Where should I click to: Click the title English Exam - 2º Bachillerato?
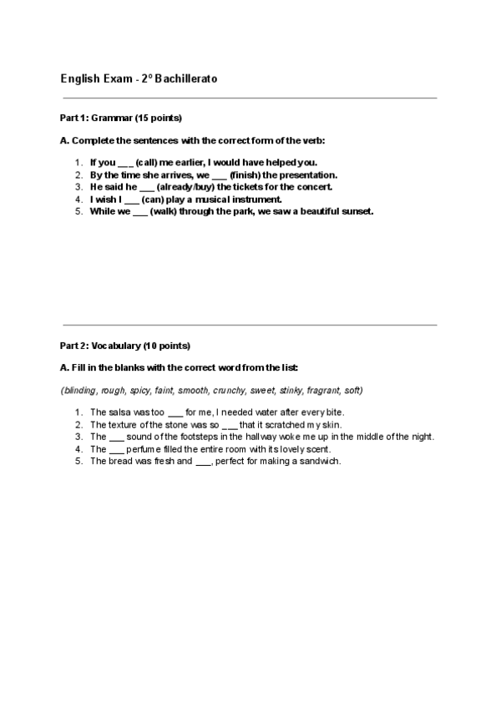139,78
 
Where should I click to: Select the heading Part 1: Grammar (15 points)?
121,118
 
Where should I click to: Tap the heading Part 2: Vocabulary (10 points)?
125,345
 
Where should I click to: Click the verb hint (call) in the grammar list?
147,163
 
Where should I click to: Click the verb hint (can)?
154,200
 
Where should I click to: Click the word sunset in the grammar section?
357,211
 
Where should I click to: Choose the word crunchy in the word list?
229,390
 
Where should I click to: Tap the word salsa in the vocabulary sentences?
119,412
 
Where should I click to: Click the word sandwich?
321,461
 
